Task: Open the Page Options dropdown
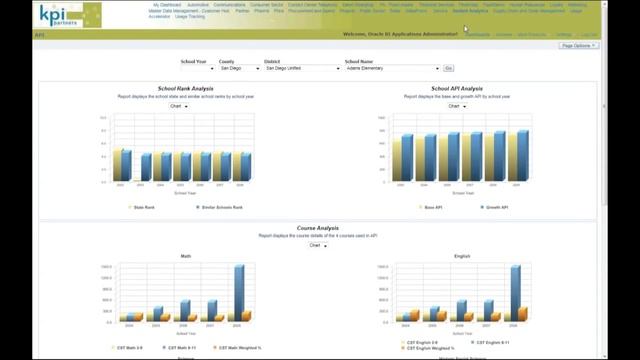(x=579, y=46)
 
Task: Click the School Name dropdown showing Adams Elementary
(x=392, y=68)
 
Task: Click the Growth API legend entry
(x=496, y=207)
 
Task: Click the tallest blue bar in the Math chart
(x=239, y=292)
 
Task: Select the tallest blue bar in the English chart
(x=515, y=292)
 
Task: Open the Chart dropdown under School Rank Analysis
(x=179, y=106)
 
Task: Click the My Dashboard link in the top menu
(x=167, y=5)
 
